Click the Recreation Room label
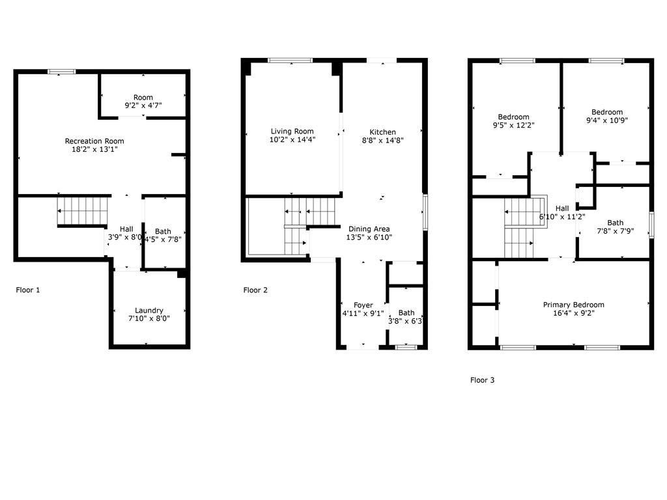tap(94, 141)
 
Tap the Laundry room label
tap(149, 311)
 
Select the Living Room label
tap(292, 132)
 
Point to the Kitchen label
tap(382, 132)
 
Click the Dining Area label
tap(369, 229)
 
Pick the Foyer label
tap(363, 305)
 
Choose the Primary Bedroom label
tap(574, 305)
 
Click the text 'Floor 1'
tap(28, 290)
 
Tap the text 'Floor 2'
tap(255, 290)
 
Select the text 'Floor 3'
tap(482, 380)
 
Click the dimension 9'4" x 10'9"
tap(606, 120)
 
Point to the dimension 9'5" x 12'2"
tap(513, 125)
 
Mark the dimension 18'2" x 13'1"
tap(94, 150)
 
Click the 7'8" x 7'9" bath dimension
tap(615, 231)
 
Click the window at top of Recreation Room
tap(61, 72)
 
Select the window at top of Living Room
tap(290, 61)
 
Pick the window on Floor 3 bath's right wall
tap(651, 225)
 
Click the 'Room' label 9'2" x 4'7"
tap(143, 98)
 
